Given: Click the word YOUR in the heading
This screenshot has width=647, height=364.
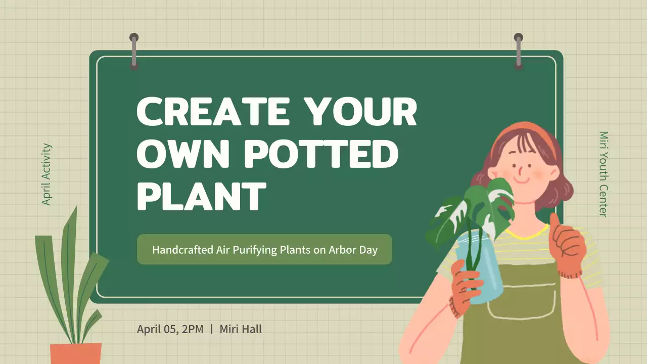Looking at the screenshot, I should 363,112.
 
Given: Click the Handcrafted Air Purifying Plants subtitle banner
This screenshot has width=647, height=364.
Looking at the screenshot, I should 264,249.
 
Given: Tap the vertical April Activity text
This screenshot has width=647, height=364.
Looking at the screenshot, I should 47,174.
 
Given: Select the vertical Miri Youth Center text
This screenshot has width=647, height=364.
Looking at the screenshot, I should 603,174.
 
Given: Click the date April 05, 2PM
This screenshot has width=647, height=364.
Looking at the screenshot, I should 170,329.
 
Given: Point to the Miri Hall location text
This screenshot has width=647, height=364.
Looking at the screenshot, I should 241,329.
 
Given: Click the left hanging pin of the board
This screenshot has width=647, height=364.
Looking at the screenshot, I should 134,51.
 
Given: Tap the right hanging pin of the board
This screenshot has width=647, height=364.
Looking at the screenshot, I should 518,51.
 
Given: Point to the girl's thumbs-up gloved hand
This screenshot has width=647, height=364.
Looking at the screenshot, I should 569,248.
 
